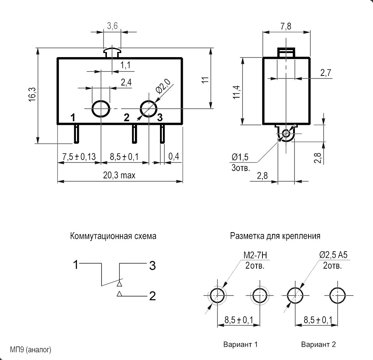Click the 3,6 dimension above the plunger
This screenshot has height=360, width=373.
click(x=112, y=25)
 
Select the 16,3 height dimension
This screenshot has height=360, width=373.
click(x=32, y=94)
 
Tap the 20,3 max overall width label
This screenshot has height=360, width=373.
click(x=119, y=175)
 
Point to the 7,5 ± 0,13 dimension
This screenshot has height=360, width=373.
click(x=79, y=157)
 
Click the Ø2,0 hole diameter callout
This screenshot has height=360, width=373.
click(x=163, y=86)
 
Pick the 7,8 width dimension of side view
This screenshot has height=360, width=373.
click(x=286, y=26)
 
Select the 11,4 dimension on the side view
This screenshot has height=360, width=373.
click(x=237, y=92)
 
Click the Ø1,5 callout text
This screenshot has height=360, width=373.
click(x=240, y=157)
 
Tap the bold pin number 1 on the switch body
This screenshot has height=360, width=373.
click(x=73, y=118)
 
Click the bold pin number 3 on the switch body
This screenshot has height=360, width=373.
click(x=160, y=117)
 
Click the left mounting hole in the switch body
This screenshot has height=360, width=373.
click(x=101, y=109)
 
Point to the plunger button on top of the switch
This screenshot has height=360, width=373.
click(x=112, y=53)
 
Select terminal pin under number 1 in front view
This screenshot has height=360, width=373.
click(x=76, y=134)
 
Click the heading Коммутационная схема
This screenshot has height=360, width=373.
click(x=113, y=236)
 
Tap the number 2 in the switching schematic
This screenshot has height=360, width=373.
click(x=153, y=296)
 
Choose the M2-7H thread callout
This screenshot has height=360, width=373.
click(x=255, y=255)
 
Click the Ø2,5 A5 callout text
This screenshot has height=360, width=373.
click(x=333, y=255)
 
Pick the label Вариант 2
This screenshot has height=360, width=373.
click(x=318, y=344)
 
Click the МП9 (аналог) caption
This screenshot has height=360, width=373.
click(x=31, y=350)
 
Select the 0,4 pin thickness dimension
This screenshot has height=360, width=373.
click(x=174, y=156)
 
